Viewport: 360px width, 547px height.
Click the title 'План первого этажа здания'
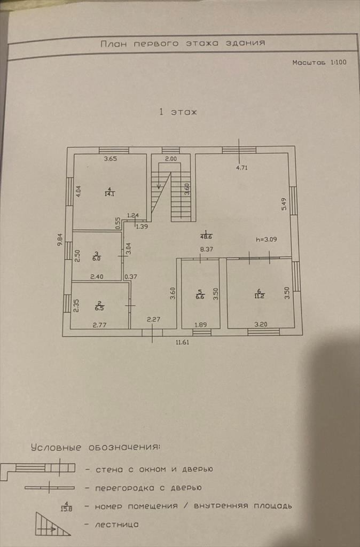coord(183,43)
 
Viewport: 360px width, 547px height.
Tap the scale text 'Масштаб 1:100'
coord(319,62)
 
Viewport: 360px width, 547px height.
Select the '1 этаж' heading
coord(178,112)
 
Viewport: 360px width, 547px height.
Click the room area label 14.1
coord(109,193)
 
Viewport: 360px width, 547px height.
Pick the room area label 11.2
coord(259,294)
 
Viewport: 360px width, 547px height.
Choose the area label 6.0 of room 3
coord(97,257)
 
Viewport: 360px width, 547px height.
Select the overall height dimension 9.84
coord(60,239)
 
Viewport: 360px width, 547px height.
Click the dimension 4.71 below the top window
coord(243,167)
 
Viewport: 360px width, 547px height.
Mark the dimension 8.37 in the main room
coord(207,248)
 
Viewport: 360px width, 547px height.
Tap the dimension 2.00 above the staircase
coord(170,159)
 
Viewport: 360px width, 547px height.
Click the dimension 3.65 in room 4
coord(110,159)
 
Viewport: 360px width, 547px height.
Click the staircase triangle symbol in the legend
coord(52,525)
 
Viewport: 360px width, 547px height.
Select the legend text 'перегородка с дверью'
coord(148,488)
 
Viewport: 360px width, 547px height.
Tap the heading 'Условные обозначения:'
coord(95,447)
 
